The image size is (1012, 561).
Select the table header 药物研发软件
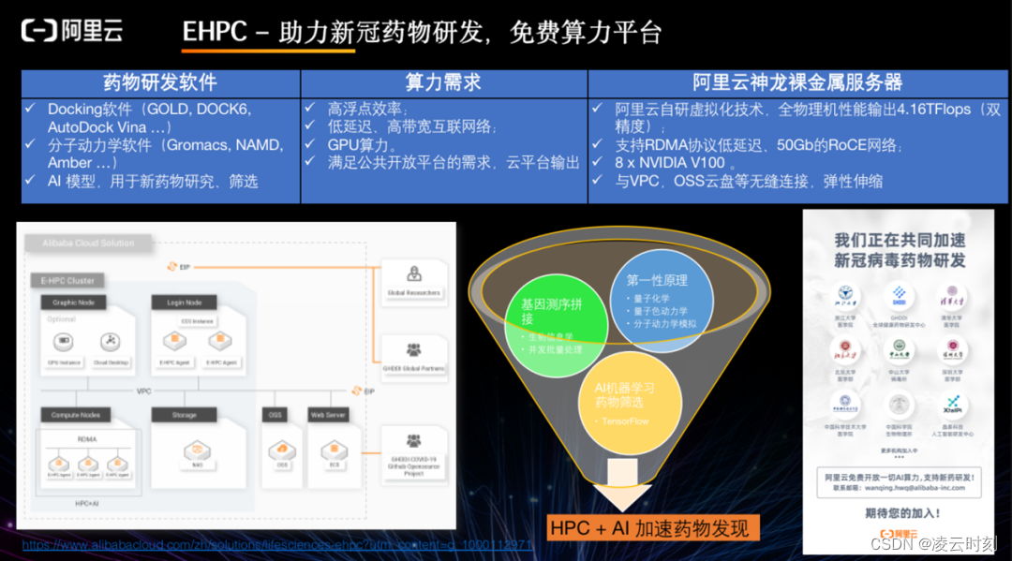click(x=159, y=82)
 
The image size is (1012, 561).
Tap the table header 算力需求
click(x=443, y=82)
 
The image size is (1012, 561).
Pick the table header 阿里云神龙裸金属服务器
click(x=797, y=82)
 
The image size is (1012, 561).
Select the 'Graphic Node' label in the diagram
click(x=73, y=303)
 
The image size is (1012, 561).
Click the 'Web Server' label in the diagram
click(x=328, y=414)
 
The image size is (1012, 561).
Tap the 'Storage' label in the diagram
click(x=185, y=414)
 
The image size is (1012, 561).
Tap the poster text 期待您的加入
click(x=899, y=512)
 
